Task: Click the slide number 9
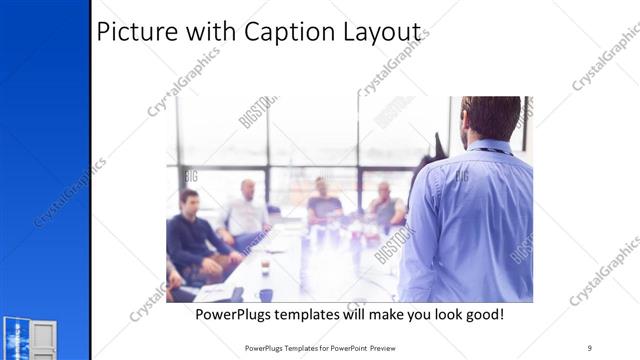tap(590, 347)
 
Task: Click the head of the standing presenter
tap(490, 118)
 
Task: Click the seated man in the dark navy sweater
tap(190, 238)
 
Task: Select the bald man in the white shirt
tap(246, 212)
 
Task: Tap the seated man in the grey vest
tap(384, 207)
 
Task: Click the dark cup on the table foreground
tap(265, 294)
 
